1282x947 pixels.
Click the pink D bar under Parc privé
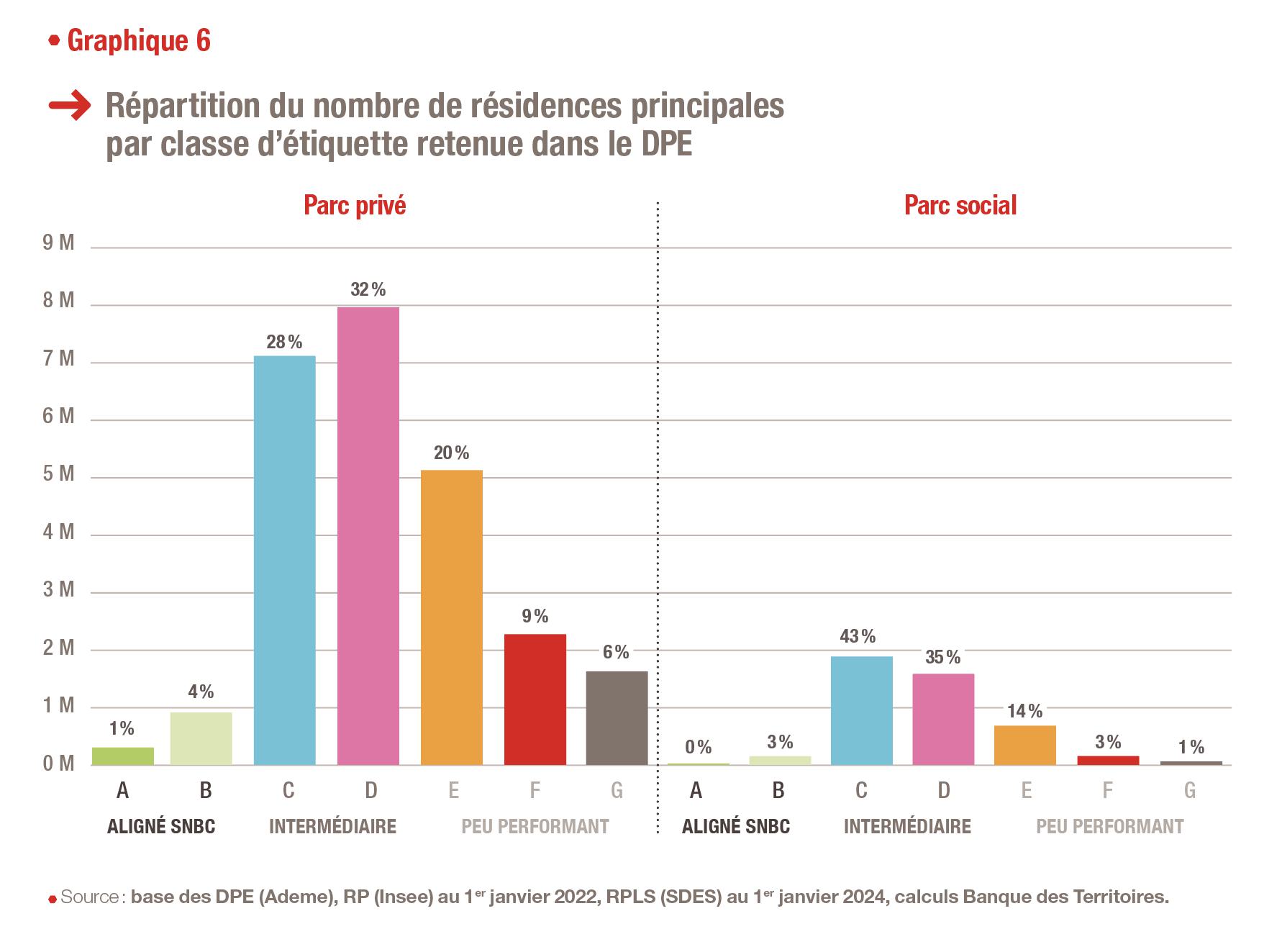point(368,535)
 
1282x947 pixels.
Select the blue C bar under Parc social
point(861,710)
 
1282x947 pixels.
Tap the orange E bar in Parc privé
point(451,617)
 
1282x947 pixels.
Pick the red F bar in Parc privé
point(535,699)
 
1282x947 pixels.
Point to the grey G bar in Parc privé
point(617,717)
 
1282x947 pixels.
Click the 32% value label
point(368,290)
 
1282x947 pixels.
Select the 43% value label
point(858,637)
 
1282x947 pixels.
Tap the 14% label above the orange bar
point(1024,712)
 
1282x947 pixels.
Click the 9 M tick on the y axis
point(58,243)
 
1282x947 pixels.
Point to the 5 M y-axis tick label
point(58,474)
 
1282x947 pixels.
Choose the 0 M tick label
point(58,764)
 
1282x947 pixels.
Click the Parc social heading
point(960,206)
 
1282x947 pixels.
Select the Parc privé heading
point(355,206)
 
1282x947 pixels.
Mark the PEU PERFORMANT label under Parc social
point(1109,826)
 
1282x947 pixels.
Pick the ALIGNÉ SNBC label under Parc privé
point(161,826)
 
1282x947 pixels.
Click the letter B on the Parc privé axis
point(205,791)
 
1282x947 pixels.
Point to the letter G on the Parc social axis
point(1189,791)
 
